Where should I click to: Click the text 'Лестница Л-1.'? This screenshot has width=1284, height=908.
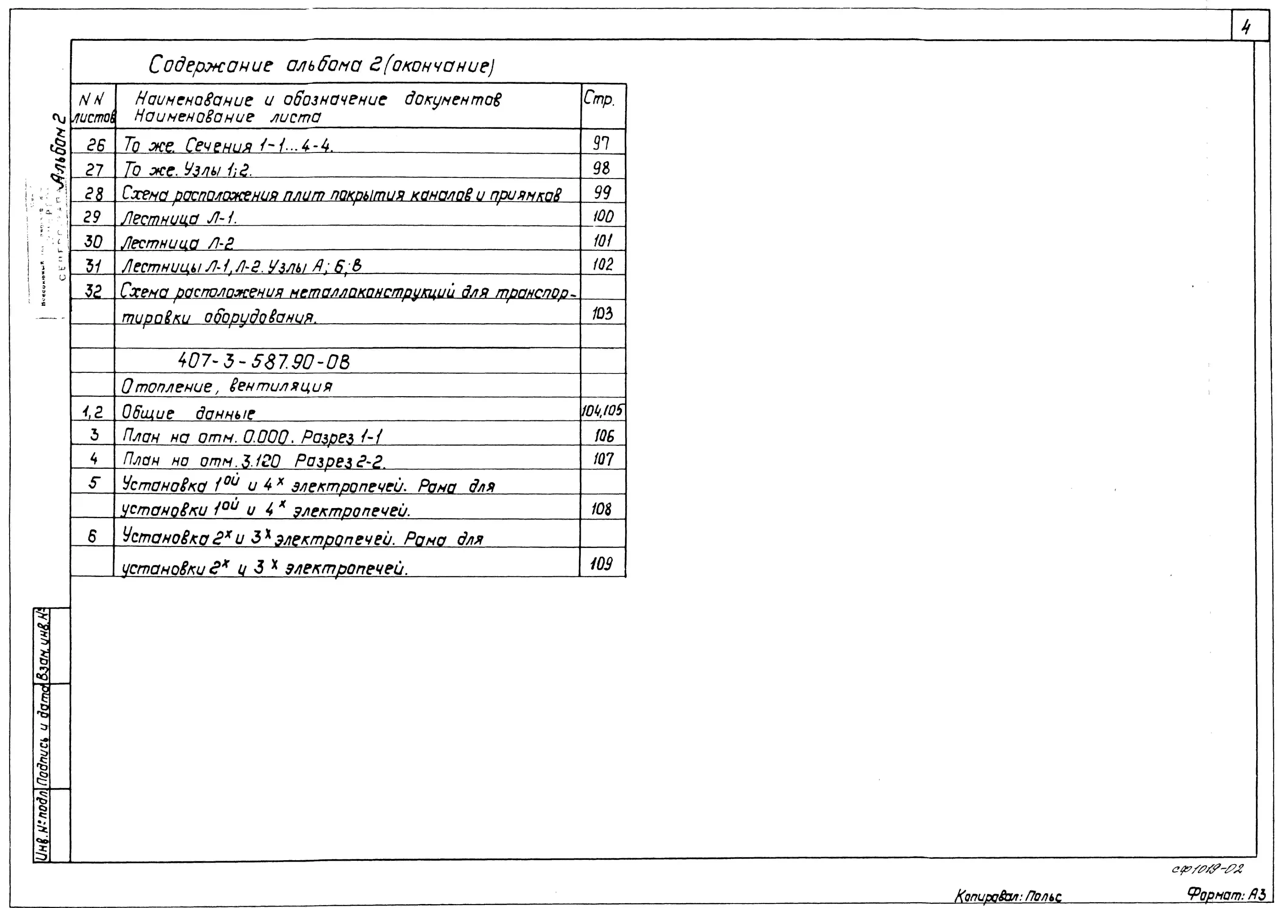[179, 217]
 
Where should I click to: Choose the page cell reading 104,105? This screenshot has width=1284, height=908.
[602, 411]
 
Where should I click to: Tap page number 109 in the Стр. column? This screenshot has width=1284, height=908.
[601, 564]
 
